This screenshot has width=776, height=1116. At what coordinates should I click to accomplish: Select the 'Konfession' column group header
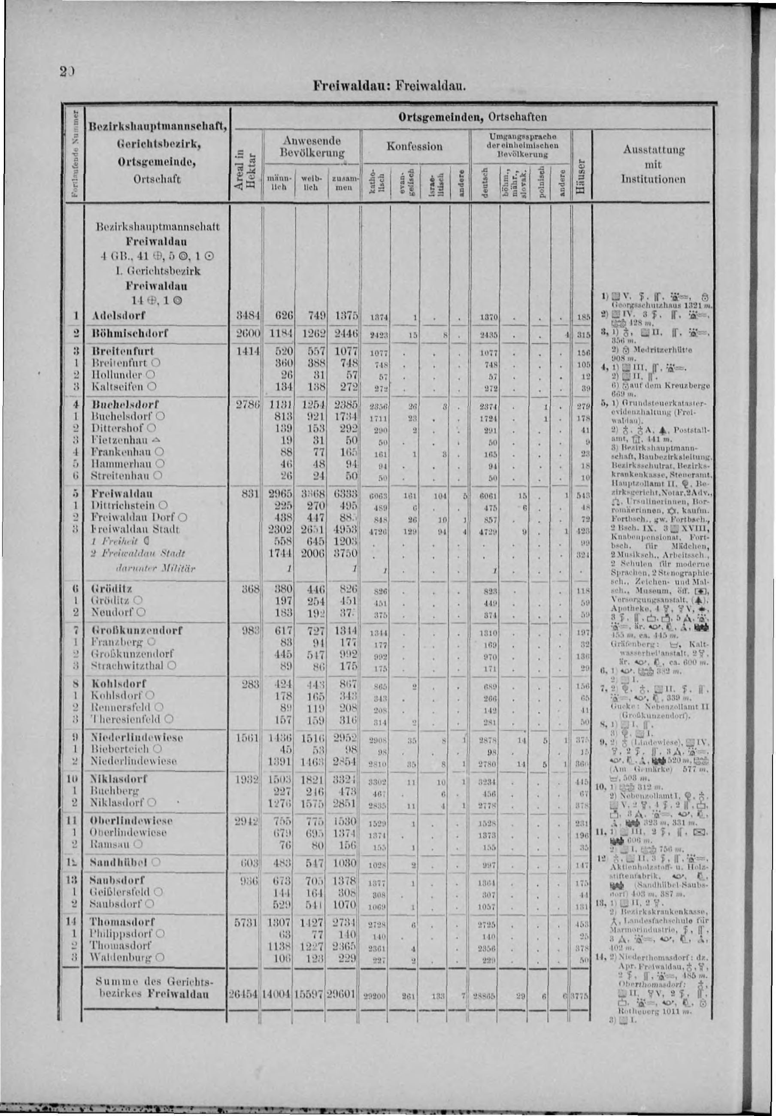click(x=415, y=146)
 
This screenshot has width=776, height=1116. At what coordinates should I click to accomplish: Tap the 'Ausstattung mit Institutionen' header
click(x=653, y=164)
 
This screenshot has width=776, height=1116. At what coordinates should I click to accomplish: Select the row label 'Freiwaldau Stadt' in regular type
click(x=135, y=529)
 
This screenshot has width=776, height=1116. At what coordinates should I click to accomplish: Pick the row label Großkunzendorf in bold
click(x=136, y=630)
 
